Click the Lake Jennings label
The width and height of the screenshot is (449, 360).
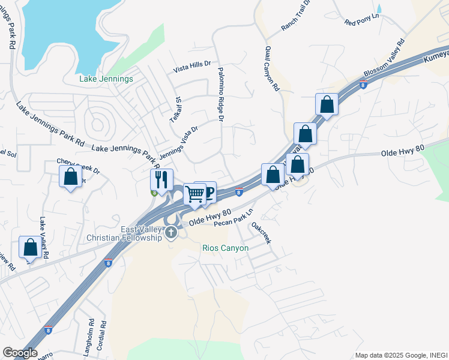(x=106, y=79)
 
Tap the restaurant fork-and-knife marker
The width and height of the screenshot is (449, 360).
(x=161, y=179)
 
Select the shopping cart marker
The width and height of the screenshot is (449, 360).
(x=194, y=193)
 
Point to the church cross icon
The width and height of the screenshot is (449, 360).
(x=171, y=232)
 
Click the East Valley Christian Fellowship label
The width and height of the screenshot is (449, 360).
(x=125, y=234)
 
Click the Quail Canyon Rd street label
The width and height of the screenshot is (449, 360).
(x=272, y=68)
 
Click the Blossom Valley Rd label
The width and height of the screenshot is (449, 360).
(x=384, y=59)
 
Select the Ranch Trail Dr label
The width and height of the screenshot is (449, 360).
(x=296, y=16)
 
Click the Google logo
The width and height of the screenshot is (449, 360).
(x=20, y=353)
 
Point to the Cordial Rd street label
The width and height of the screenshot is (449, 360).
(x=104, y=338)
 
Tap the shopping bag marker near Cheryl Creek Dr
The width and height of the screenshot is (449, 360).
(x=71, y=176)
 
